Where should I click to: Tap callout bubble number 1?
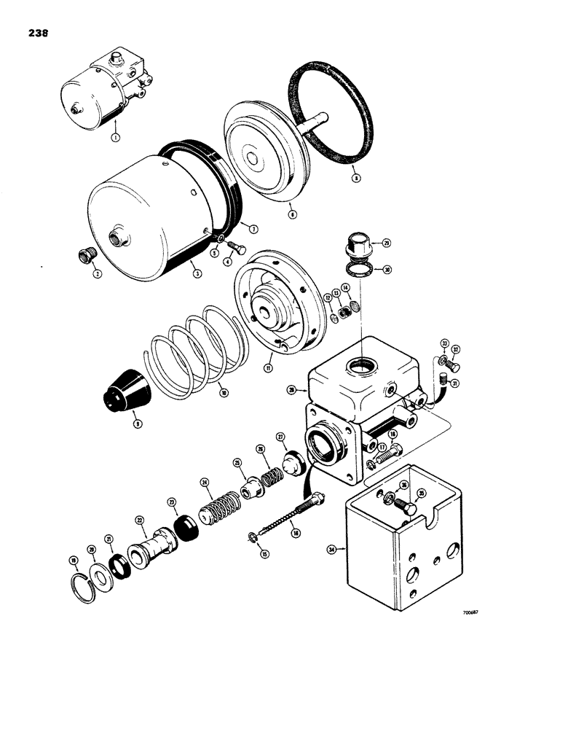114,136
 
